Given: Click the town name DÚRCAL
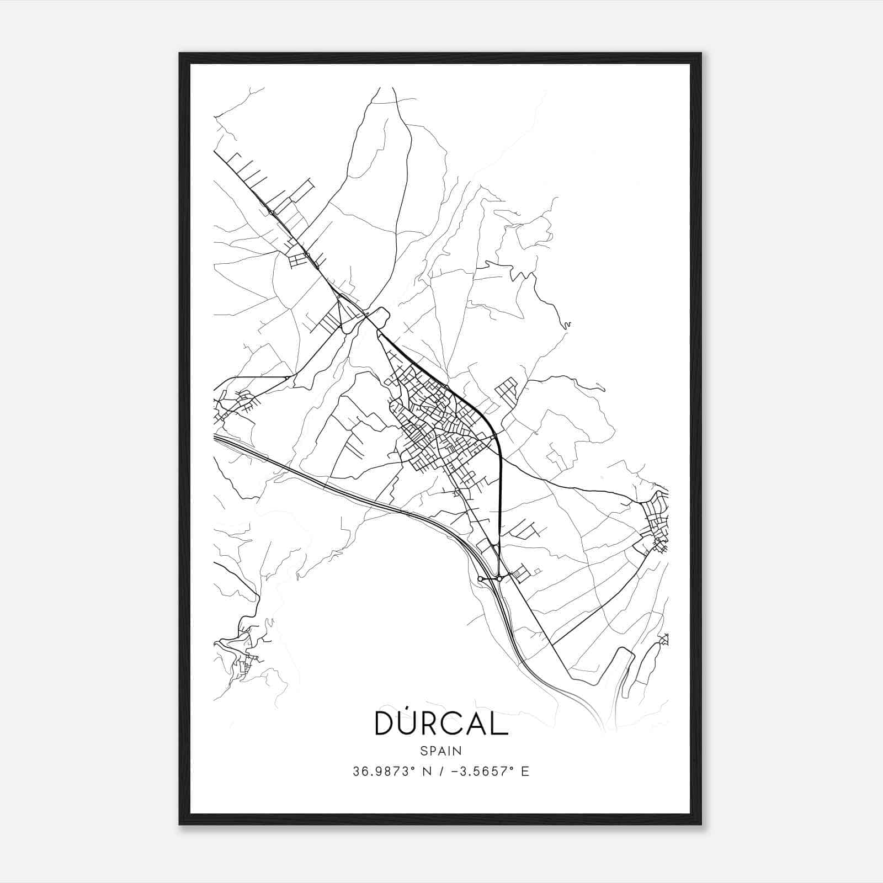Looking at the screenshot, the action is [x=441, y=723].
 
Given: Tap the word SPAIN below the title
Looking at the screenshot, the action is [x=441, y=751].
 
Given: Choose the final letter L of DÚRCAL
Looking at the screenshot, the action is [x=501, y=723].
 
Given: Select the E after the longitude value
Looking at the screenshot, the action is [x=525, y=772].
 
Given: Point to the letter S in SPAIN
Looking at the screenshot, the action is [x=423, y=751].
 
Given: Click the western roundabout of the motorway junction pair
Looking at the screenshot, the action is [x=481, y=578].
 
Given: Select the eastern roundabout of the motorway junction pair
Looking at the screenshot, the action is [x=499, y=578].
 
